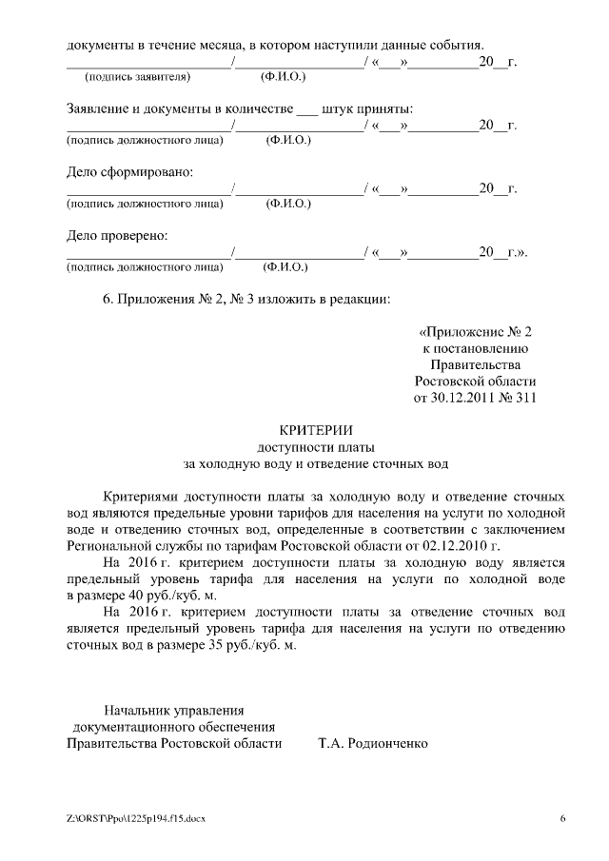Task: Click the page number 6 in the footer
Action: click(x=562, y=818)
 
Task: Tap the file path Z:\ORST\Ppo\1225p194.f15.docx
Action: click(x=135, y=818)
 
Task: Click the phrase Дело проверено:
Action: click(x=116, y=235)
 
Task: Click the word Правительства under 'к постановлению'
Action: click(x=475, y=365)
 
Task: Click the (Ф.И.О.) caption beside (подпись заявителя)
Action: click(x=283, y=76)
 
